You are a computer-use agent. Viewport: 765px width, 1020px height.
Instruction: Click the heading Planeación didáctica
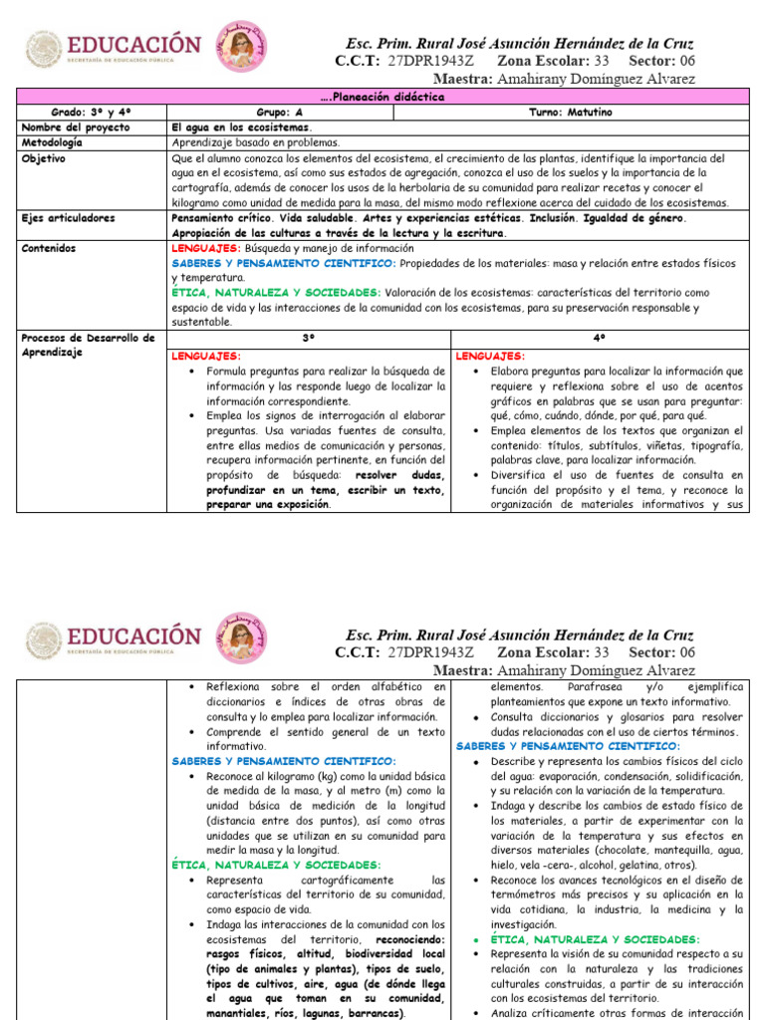(x=382, y=97)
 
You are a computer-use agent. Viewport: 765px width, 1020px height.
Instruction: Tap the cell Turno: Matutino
(x=570, y=113)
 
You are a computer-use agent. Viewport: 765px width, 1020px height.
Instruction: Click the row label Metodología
(x=51, y=142)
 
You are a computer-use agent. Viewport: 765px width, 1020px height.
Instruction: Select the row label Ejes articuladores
(x=68, y=217)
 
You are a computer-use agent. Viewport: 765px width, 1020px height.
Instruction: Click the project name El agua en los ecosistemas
(x=242, y=127)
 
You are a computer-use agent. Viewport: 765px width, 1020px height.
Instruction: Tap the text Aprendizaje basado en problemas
(x=255, y=142)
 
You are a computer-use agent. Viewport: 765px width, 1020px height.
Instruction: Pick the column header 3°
(x=309, y=339)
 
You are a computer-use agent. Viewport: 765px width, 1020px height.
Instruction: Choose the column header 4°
(x=599, y=339)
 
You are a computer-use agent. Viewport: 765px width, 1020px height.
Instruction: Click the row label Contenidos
(x=49, y=247)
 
